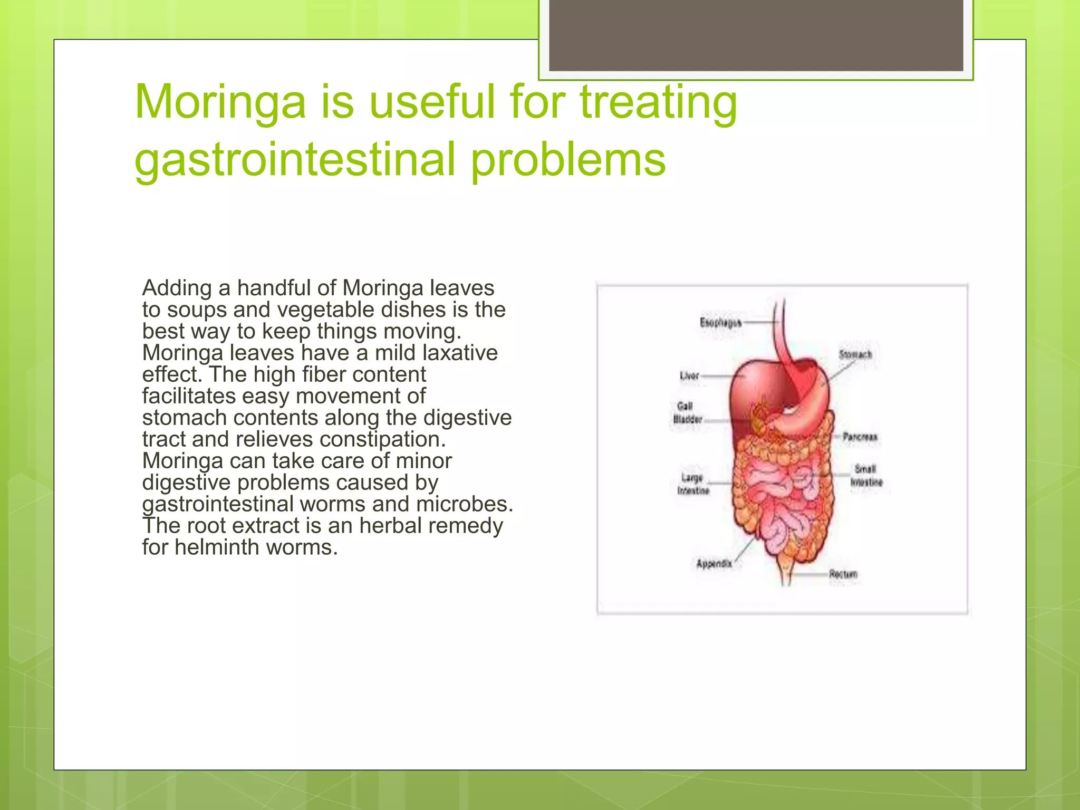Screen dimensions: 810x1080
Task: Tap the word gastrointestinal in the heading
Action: pyautogui.click(x=295, y=159)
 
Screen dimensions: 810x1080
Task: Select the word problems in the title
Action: pyautogui.click(x=568, y=159)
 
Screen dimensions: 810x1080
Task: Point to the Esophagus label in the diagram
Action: pyautogui.click(x=720, y=322)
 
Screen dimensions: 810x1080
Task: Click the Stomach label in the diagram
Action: pyautogui.click(x=855, y=354)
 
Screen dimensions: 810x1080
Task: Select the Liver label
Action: pyautogui.click(x=689, y=376)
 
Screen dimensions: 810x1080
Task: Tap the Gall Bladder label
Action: pyautogui.click(x=687, y=413)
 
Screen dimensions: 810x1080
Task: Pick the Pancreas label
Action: pyautogui.click(x=860, y=437)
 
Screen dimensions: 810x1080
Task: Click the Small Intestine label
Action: pyautogui.click(x=865, y=476)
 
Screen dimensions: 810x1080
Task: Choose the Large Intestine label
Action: pyautogui.click(x=693, y=484)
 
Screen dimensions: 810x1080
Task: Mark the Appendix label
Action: pyautogui.click(x=714, y=564)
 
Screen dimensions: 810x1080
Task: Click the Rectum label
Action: pyautogui.click(x=843, y=574)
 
